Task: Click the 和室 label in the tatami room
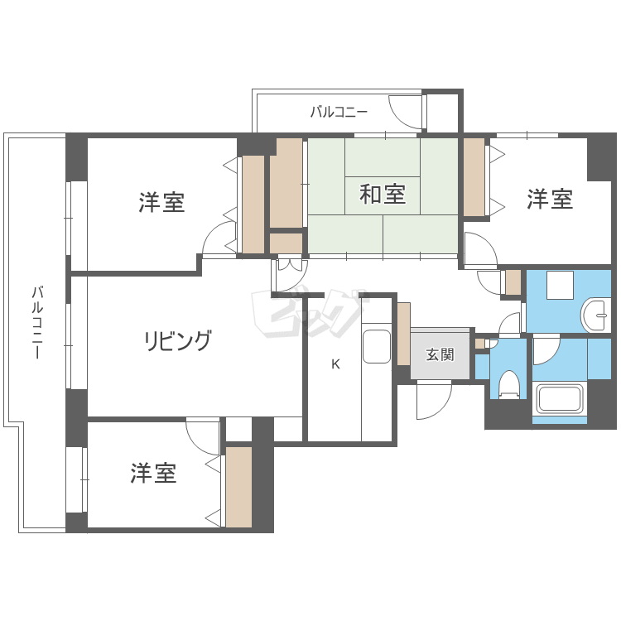(x=383, y=195)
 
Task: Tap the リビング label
(x=177, y=340)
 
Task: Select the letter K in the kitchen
(x=335, y=363)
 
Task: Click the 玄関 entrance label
(x=440, y=355)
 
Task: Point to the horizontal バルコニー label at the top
(x=338, y=112)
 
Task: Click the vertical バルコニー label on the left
(x=36, y=322)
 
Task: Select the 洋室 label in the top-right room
(x=550, y=199)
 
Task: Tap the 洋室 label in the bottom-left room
(x=153, y=474)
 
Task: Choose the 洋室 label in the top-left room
(x=161, y=201)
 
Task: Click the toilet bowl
(x=509, y=383)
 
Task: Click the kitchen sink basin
(x=377, y=345)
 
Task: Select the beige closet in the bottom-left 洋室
(x=238, y=487)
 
